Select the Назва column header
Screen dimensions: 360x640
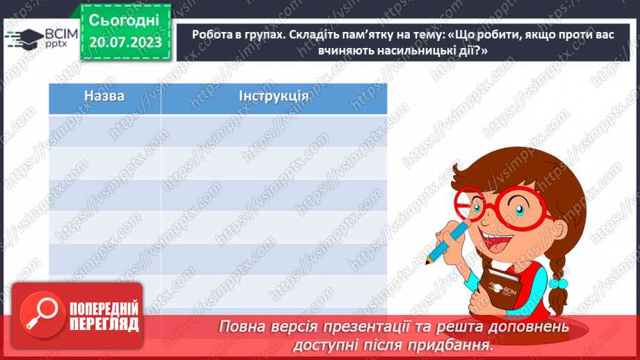(x=104, y=96)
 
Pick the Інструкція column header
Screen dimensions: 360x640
(x=274, y=96)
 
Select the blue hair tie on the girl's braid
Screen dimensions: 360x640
(x=558, y=284)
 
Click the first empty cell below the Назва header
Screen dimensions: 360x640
(x=104, y=130)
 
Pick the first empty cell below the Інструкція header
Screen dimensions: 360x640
(x=274, y=130)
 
